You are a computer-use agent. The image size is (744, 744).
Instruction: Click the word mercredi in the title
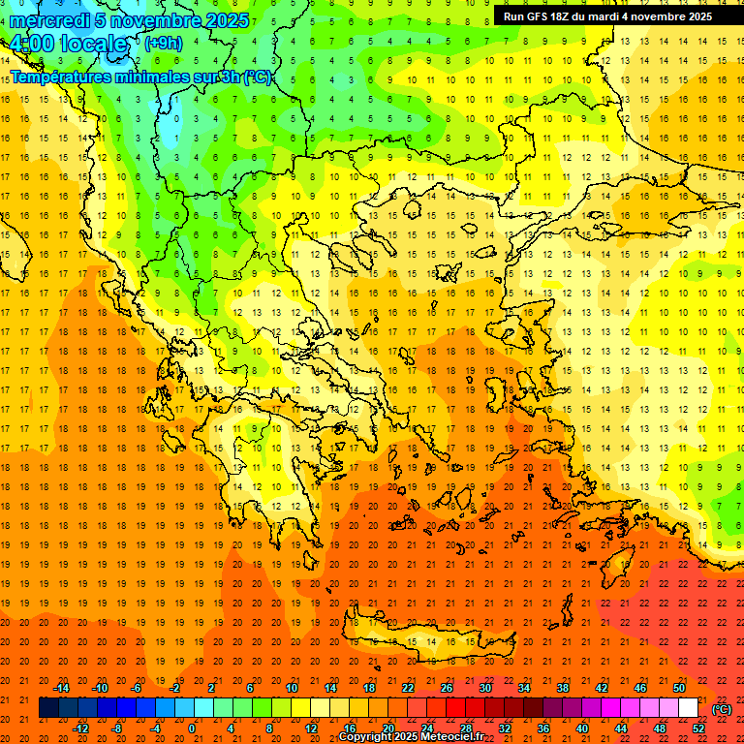point(48,19)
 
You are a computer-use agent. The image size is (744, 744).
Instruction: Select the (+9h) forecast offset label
point(162,43)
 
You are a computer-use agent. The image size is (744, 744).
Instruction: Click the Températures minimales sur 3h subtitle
point(140,77)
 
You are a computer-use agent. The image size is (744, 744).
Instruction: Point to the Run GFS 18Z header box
point(607,16)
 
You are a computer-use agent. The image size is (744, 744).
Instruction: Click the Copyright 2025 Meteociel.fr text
point(411,737)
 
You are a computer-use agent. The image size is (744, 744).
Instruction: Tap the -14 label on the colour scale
point(61,688)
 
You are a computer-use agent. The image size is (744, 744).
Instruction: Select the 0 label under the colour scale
point(192,728)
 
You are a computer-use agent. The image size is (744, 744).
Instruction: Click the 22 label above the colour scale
point(408,688)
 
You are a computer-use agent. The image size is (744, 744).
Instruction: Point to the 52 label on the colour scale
point(698,728)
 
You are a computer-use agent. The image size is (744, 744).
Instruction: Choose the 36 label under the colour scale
point(542,728)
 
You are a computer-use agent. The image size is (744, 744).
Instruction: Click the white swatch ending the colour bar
point(689,708)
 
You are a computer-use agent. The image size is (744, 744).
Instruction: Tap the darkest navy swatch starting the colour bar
point(48,708)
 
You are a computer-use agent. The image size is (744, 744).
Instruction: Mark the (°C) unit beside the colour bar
point(722,709)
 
